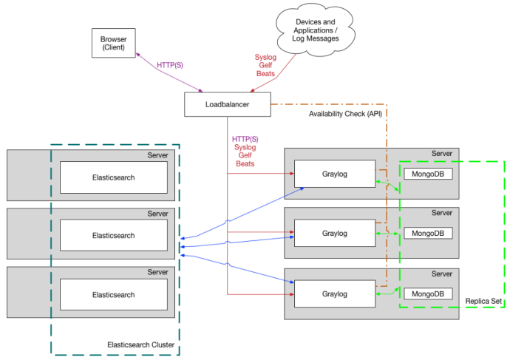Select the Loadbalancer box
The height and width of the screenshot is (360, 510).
pyautogui.click(x=227, y=105)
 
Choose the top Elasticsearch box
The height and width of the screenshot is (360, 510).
pyautogui.click(x=113, y=177)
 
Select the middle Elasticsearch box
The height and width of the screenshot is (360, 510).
pyautogui.click(x=113, y=236)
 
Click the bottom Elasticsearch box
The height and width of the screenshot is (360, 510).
pyautogui.click(x=113, y=294)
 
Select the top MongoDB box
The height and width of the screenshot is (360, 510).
pyautogui.click(x=427, y=174)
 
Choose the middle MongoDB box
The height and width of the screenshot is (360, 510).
pyautogui.click(x=427, y=233)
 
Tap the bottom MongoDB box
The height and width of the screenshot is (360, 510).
pyautogui.click(x=427, y=293)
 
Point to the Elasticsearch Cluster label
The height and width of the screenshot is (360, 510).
pyautogui.click(x=142, y=344)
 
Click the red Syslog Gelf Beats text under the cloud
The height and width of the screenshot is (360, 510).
pyautogui.click(x=265, y=64)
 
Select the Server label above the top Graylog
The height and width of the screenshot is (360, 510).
pyautogui.click(x=441, y=154)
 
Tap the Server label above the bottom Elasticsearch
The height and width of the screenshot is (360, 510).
pyautogui.click(x=157, y=272)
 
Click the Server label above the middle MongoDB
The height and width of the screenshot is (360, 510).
pyautogui.click(x=441, y=213)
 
